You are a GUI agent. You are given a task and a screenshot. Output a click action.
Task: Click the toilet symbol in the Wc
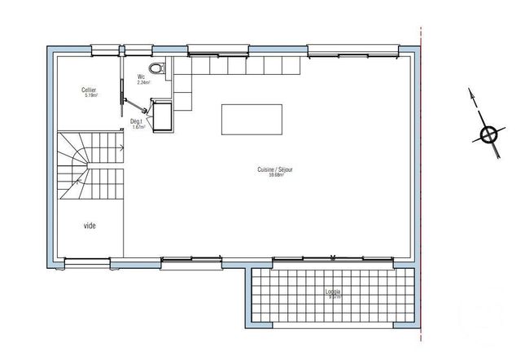pos(157,68)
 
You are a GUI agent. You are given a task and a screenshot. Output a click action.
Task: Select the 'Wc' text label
pos(141,77)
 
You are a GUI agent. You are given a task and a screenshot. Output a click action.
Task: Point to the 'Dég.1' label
pos(138,121)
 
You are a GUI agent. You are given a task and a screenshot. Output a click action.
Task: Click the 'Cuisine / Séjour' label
pos(274,169)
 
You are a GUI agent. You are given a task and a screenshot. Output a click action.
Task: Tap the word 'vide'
pos(90,226)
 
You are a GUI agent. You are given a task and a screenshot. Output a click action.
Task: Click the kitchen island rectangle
pos(252,119)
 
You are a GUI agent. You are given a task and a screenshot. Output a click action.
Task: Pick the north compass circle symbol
pos(488,135)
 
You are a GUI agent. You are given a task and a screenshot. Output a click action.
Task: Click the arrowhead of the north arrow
pos(471,92)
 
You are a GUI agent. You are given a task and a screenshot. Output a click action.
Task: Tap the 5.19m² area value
pos(90,95)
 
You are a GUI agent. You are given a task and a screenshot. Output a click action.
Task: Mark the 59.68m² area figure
pos(274,175)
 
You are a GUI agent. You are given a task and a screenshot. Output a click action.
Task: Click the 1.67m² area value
pos(138,127)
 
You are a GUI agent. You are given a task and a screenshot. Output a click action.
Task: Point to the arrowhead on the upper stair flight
pos(121,148)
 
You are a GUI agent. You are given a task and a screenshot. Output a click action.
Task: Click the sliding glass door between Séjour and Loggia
pos(333,259)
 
